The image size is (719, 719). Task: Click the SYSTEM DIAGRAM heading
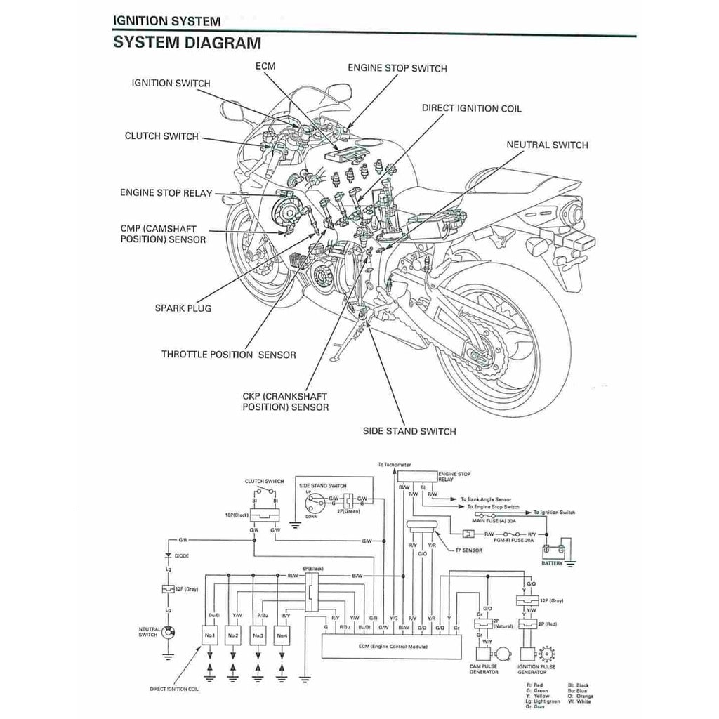(187, 43)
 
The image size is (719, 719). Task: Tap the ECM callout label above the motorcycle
(265, 66)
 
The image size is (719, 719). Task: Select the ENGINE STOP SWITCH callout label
(397, 68)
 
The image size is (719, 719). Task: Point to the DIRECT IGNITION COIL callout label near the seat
(471, 109)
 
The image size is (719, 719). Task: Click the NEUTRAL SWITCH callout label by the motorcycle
(547, 145)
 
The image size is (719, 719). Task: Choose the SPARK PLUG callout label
(183, 308)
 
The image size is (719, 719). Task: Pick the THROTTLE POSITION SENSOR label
(228, 355)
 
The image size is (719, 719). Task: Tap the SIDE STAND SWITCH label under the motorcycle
(409, 431)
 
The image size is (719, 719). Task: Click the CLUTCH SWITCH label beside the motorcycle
(161, 136)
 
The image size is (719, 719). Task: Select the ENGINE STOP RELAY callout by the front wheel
(166, 192)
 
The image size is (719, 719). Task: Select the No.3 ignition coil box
(258, 635)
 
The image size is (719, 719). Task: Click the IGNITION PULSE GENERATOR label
(536, 669)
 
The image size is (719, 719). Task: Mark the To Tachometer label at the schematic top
(394, 465)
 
